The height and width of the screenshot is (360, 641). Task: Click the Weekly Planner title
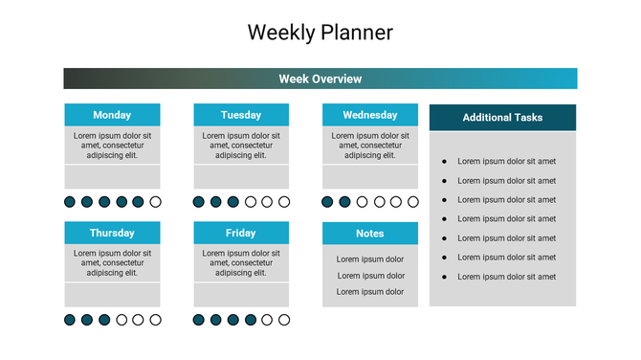tap(320, 32)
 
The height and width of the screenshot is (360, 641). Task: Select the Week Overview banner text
tap(320, 79)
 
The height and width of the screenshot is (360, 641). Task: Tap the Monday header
tap(112, 115)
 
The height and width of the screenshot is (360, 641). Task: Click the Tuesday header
tap(241, 115)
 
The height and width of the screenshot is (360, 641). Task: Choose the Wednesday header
tap(369, 115)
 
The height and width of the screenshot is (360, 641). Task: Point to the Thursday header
tap(112, 233)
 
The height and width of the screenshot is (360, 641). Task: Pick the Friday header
tap(241, 233)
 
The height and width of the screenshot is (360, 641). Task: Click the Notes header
tap(369, 234)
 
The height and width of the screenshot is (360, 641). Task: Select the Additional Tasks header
tap(502, 118)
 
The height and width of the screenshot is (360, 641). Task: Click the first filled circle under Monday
tap(70, 202)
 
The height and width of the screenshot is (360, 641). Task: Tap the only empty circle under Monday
tap(156, 202)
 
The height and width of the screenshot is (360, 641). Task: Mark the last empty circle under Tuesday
tap(284, 202)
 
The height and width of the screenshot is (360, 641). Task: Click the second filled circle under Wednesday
tap(345, 202)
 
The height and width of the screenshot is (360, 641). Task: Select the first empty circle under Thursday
tap(122, 320)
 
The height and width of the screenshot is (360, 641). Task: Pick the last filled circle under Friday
tap(251, 320)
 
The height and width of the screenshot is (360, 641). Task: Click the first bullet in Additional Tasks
tap(444, 162)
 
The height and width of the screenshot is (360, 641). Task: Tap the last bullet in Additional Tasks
tap(444, 277)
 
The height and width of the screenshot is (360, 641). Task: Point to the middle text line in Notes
tap(369, 276)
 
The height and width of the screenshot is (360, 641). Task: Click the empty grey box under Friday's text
tap(241, 295)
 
